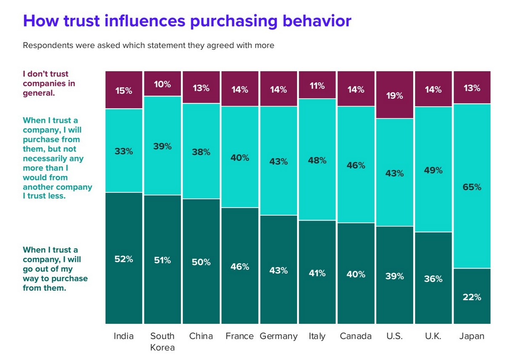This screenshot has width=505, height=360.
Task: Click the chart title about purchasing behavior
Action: (x=187, y=21)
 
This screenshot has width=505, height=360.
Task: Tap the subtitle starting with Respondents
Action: (x=148, y=45)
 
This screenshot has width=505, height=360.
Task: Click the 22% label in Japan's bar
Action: (x=472, y=297)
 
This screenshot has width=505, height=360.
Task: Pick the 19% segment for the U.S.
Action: (x=394, y=95)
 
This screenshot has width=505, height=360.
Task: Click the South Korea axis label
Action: (x=162, y=341)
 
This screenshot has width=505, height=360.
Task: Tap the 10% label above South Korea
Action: (x=162, y=84)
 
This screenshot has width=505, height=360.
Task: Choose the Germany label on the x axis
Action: (x=279, y=336)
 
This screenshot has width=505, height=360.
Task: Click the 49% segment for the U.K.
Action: (x=433, y=170)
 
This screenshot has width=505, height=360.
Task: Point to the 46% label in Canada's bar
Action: (x=356, y=165)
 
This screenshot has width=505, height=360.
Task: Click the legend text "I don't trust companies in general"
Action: (x=49, y=83)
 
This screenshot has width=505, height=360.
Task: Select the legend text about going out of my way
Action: (x=55, y=269)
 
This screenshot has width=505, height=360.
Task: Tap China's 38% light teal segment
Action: (x=201, y=152)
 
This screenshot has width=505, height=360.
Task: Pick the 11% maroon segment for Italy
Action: (x=317, y=85)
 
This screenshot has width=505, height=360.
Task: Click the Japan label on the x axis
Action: (x=472, y=336)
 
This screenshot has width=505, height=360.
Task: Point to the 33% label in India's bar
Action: (x=124, y=151)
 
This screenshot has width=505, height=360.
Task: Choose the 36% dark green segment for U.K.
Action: (x=433, y=278)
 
